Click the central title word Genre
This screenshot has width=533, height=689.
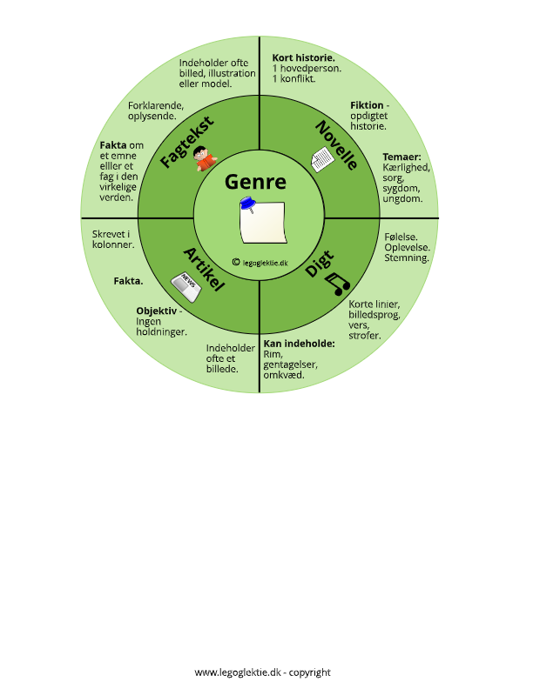click(x=255, y=183)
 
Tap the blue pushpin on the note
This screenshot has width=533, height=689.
click(x=248, y=204)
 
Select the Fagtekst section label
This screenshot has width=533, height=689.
click(x=187, y=142)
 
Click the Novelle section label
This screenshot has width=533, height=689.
click(x=337, y=145)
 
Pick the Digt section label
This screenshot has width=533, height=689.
click(x=320, y=264)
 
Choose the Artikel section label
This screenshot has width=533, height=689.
click(x=204, y=270)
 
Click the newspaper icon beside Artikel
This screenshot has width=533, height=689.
click(x=186, y=287)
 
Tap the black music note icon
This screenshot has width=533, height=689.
click(x=337, y=284)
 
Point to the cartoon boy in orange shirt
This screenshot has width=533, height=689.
click(x=205, y=158)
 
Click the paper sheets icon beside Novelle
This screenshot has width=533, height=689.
click(x=322, y=159)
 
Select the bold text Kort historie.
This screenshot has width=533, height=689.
click(x=303, y=57)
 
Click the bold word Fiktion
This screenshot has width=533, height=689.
click(x=367, y=105)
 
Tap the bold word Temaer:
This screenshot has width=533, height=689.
click(x=401, y=157)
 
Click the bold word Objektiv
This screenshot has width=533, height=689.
click(x=156, y=311)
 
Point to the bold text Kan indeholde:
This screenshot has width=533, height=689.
click(x=299, y=344)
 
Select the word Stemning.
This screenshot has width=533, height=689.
click(x=407, y=258)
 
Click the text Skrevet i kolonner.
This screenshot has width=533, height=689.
click(x=113, y=239)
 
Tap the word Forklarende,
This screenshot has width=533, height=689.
click(x=156, y=106)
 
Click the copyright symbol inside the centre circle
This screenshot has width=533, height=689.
click(x=236, y=262)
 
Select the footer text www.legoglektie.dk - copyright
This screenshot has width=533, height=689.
click(x=262, y=672)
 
